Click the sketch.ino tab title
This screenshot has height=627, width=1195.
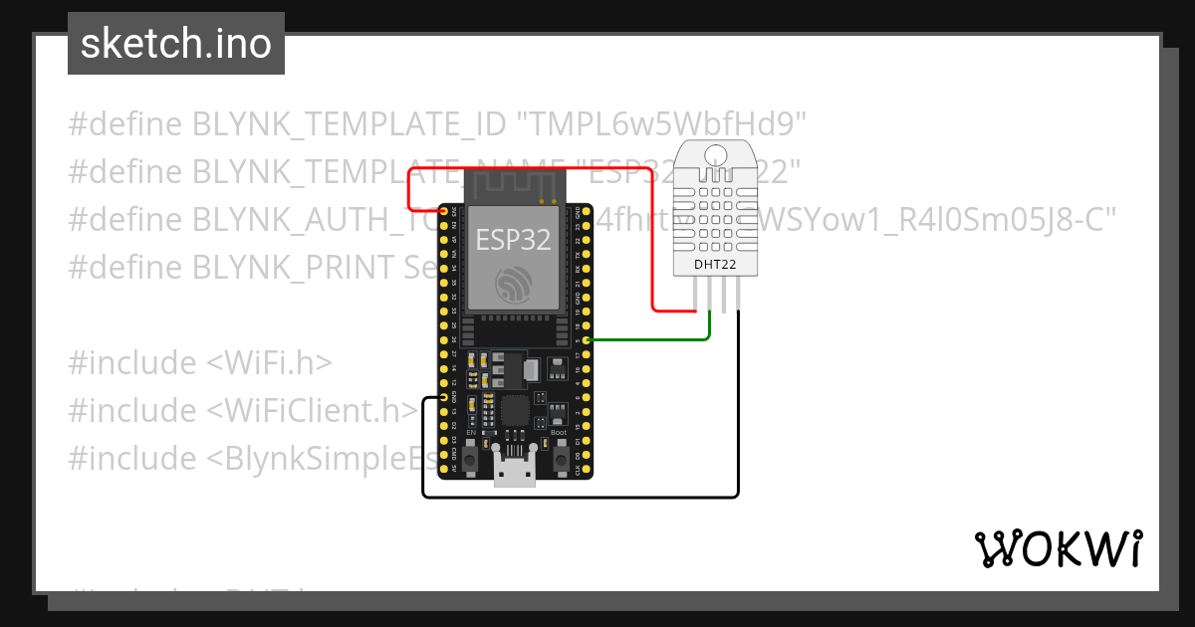point(176,44)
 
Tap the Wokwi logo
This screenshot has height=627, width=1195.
point(1059,548)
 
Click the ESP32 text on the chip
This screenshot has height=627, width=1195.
point(513,239)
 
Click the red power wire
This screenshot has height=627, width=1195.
point(652,239)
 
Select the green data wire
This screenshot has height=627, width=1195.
point(657,340)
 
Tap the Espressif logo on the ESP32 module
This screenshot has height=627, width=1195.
point(514,284)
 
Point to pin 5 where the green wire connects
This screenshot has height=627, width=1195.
point(589,340)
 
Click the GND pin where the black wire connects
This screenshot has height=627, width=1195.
point(443,397)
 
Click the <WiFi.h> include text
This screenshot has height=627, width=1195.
point(269,363)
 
